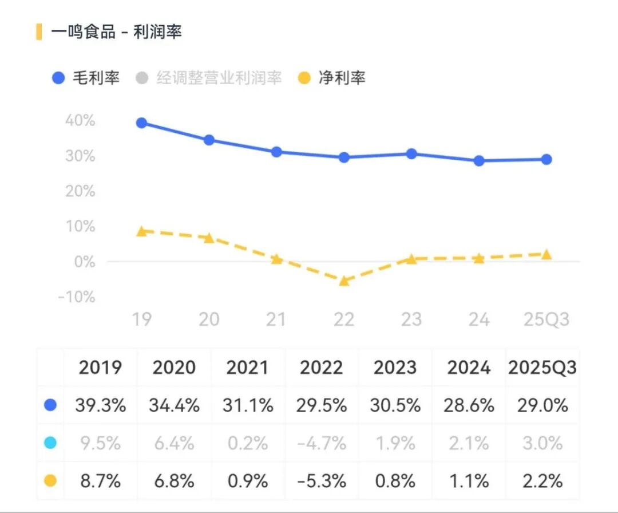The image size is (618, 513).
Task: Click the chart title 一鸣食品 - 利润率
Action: (116, 32)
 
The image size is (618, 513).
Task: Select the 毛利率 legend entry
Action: (86, 78)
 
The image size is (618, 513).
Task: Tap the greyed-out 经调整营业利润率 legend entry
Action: (209, 78)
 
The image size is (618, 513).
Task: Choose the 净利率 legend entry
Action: (332, 78)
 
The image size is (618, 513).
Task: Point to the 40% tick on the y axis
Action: (80, 121)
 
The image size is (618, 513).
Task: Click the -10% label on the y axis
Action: (77, 297)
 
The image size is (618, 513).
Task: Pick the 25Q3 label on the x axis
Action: (546, 319)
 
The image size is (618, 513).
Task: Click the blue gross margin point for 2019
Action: (142, 123)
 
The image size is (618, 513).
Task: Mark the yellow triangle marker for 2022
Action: (344, 281)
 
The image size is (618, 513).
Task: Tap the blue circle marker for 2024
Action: (479, 161)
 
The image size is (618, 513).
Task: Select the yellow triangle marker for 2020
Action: (209, 238)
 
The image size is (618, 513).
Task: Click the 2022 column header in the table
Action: (322, 368)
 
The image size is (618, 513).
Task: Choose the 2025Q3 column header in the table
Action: (542, 368)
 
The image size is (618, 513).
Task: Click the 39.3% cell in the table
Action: (100, 405)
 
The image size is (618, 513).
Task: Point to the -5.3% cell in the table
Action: (322, 481)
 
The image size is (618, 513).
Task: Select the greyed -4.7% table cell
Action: (322, 443)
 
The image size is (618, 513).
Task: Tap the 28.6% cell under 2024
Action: (469, 405)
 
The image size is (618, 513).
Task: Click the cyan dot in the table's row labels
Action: (50, 443)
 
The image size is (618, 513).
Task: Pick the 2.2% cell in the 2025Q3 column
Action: (542, 481)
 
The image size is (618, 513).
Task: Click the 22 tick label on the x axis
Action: (344, 319)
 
